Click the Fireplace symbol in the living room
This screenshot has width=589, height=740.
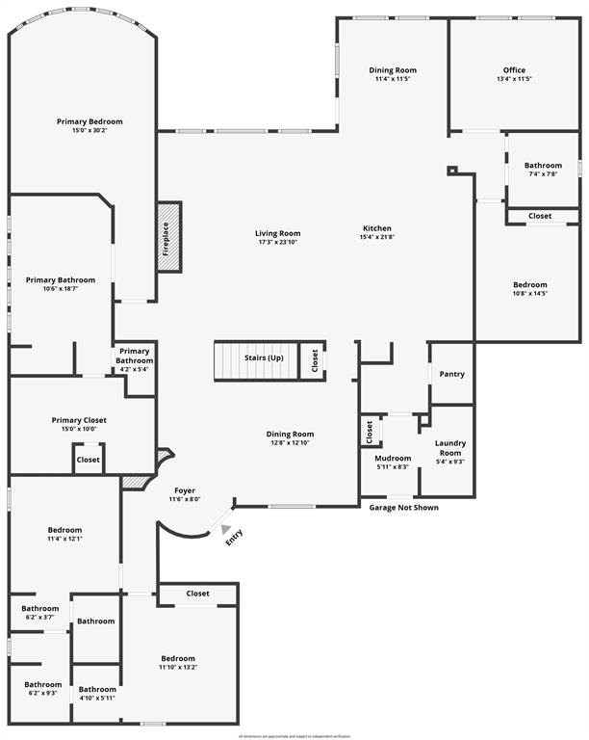point(168,237)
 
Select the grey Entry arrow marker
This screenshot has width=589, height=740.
point(226,529)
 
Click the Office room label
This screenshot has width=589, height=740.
point(514,70)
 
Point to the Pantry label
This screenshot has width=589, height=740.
point(451,374)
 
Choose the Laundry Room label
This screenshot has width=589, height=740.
point(450,448)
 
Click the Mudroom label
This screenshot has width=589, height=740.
point(393,458)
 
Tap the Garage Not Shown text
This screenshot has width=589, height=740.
point(404,508)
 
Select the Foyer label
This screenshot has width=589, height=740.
point(185,490)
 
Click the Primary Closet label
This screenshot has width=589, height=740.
point(79,420)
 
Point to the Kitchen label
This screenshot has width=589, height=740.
point(376,228)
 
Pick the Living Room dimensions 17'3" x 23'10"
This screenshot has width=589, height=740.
point(278,242)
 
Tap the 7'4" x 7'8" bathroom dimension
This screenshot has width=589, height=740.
point(543,174)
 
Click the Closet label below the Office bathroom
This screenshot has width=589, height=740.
point(540,216)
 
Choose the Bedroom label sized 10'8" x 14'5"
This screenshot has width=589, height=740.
point(529,285)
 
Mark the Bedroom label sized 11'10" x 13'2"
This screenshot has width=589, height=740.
point(178,659)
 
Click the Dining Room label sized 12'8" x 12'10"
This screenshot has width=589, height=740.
point(291,435)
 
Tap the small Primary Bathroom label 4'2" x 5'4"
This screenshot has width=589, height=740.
point(135,356)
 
